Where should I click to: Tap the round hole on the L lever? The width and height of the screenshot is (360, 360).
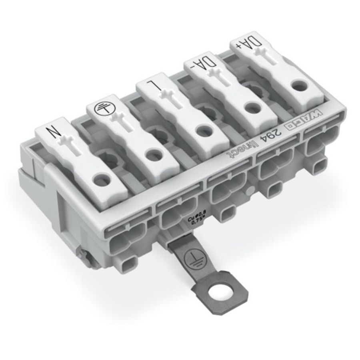pos(203,130)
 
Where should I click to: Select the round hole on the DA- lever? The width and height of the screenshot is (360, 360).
pos(252,107)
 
